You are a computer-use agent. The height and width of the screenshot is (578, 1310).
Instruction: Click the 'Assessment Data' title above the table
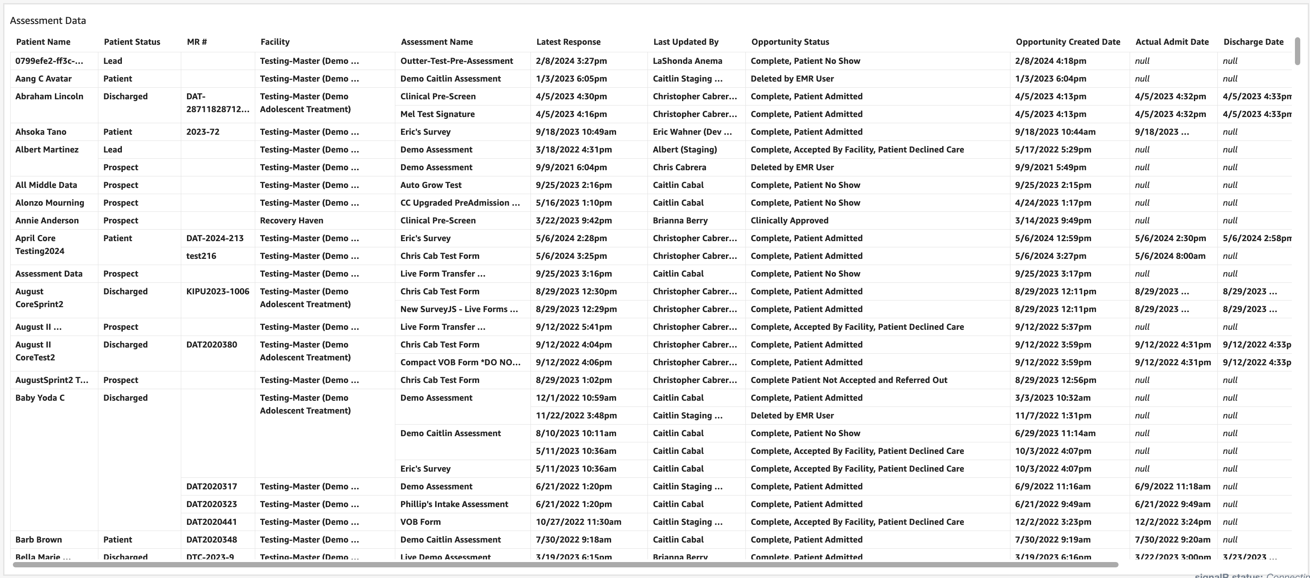[x=48, y=21]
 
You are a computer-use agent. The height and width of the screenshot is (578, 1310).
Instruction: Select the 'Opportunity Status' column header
[x=790, y=42]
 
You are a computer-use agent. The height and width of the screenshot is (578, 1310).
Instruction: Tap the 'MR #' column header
[x=197, y=42]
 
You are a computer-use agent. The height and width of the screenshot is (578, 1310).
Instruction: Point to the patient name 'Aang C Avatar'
[x=43, y=79]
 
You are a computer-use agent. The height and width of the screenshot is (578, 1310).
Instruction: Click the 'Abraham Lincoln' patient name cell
[x=49, y=97]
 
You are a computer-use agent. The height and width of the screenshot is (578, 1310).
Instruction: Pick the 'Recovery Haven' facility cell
[x=292, y=221]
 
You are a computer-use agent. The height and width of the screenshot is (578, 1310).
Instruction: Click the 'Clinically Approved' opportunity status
[x=789, y=221]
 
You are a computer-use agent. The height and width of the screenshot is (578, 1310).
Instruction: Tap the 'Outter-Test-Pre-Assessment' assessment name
[x=456, y=61]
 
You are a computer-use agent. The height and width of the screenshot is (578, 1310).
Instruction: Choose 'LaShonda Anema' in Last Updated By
[x=687, y=61]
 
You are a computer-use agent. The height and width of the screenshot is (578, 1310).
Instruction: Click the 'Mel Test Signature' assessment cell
[x=437, y=114]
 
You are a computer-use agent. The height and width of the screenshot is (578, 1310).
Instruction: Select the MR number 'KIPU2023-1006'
[x=218, y=292]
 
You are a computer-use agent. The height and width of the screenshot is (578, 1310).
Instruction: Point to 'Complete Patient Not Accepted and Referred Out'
[x=849, y=380]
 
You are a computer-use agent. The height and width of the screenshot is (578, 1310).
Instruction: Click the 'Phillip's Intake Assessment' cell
[x=454, y=504]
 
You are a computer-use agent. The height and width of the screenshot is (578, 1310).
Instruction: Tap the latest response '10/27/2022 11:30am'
[x=578, y=522]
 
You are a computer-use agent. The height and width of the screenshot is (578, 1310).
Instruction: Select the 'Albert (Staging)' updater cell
[x=685, y=149]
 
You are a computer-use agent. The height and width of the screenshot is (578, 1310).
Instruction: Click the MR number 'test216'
[x=201, y=256]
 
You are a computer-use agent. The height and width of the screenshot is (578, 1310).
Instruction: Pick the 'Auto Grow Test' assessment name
[x=431, y=185]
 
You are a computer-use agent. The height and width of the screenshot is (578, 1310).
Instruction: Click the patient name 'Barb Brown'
[x=39, y=540]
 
